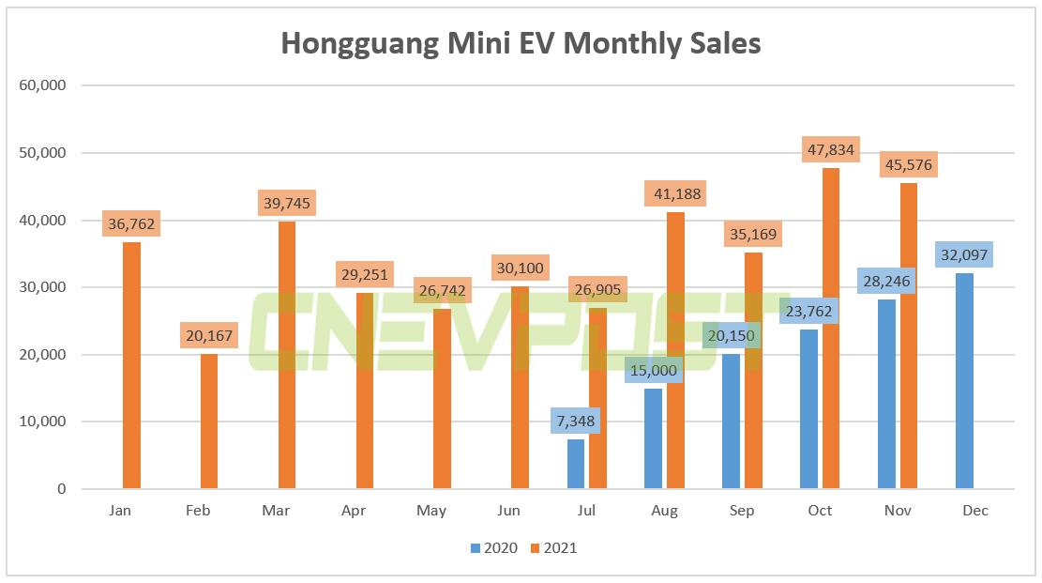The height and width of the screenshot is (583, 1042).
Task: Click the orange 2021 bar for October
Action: click(831, 329)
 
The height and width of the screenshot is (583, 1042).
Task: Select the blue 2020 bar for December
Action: click(963, 380)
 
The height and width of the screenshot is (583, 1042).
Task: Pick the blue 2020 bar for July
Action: click(575, 464)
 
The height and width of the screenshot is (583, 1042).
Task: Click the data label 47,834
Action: click(831, 148)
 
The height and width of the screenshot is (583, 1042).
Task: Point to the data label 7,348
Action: click(575, 420)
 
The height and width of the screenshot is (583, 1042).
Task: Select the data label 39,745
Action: click(286, 203)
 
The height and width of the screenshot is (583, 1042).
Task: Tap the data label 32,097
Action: click(963, 254)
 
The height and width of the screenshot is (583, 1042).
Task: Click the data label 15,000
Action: click(653, 369)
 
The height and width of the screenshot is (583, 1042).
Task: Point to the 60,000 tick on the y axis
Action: click(42, 85)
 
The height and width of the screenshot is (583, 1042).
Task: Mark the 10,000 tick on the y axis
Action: click(42, 422)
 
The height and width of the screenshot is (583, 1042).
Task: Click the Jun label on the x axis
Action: click(508, 511)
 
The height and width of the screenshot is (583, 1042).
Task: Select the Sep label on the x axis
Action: click(742, 511)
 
